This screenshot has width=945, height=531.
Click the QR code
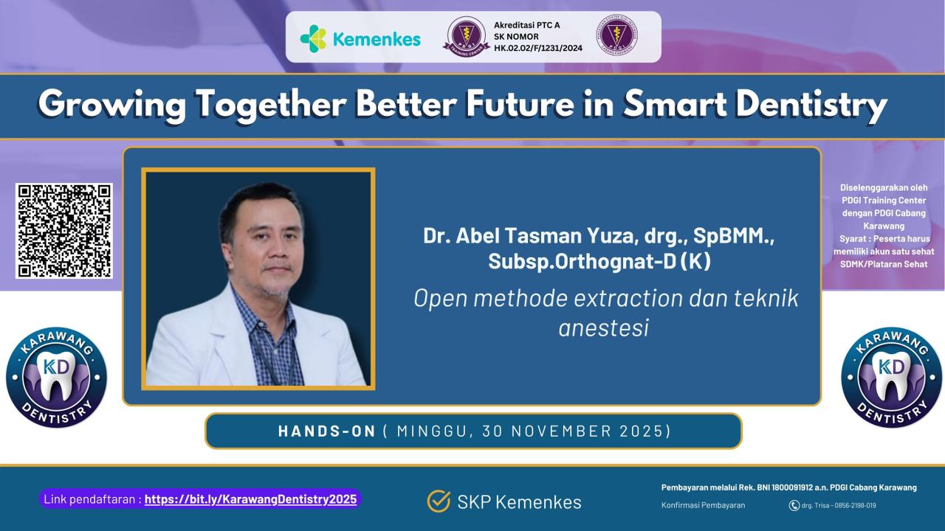click(64, 231)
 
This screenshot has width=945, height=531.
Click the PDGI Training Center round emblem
click(466, 37)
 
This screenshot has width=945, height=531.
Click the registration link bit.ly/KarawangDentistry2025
click(250, 499)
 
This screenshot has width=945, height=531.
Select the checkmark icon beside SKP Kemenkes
click(439, 502)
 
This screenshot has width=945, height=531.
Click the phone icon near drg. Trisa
click(794, 505)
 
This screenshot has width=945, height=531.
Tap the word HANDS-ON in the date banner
click(327, 431)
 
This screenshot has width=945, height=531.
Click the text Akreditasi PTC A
click(526, 25)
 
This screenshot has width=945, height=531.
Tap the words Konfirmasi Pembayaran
click(703, 505)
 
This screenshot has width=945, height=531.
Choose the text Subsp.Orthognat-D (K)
click(599, 261)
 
